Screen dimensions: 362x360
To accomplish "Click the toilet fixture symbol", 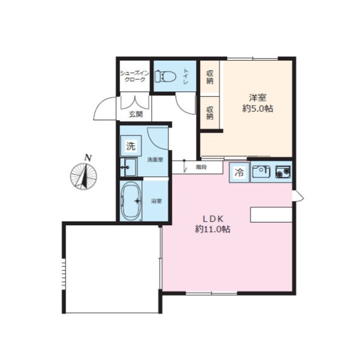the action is [x=165, y=76].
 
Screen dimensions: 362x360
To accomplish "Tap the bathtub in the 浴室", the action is [x=131, y=201].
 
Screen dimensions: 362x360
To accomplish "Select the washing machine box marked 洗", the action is [x=131, y=146].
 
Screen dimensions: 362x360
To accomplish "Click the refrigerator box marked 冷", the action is [x=239, y=172].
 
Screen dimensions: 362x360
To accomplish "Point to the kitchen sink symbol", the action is [x=261, y=172].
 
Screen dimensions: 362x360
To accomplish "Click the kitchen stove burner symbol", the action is [x=283, y=172].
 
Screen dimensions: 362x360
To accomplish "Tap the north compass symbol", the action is [x=83, y=176].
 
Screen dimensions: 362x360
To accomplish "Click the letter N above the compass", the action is [x=88, y=158].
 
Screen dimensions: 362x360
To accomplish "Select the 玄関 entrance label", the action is [x=136, y=114].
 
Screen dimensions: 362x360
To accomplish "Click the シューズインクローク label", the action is [x=135, y=76].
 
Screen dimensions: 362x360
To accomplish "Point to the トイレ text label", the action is [x=186, y=76].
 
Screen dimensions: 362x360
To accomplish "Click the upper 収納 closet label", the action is [x=210, y=77].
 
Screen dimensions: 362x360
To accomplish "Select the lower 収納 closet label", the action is [x=210, y=113].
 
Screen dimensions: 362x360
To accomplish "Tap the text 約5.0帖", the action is [x=257, y=108].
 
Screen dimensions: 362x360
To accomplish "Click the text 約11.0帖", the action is [x=212, y=229].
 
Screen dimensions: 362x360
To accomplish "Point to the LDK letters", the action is [x=213, y=218].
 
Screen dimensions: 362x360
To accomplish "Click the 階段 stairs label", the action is [x=201, y=167].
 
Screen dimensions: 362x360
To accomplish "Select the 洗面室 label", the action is [x=155, y=160].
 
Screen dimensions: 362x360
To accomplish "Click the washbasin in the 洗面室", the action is [x=129, y=167].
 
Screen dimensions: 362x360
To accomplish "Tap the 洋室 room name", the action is [x=257, y=98].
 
